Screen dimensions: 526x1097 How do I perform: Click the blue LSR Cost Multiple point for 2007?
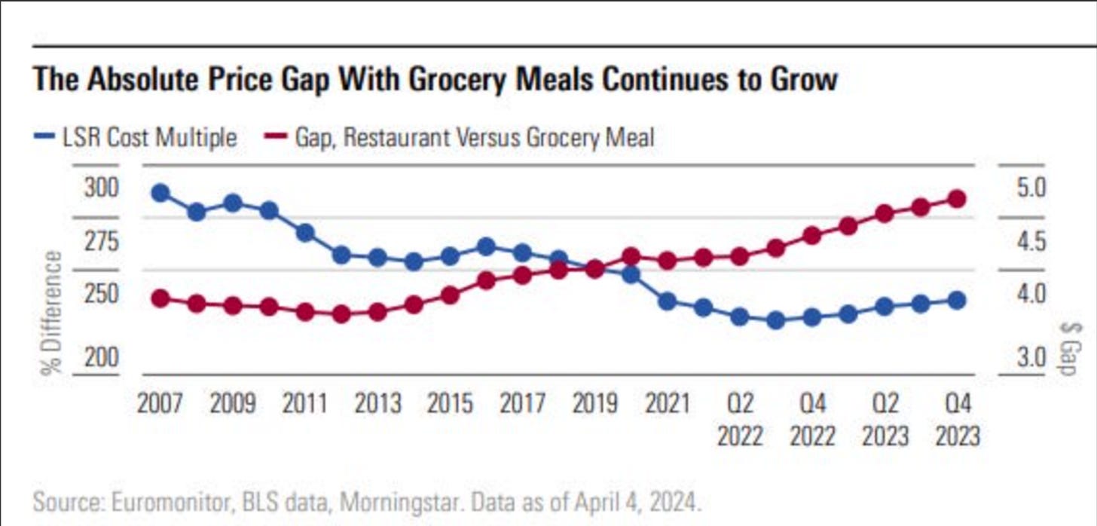160,194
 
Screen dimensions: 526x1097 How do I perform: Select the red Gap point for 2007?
160,298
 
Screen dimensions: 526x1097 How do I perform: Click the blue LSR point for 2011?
305,232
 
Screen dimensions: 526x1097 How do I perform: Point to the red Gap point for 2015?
451,295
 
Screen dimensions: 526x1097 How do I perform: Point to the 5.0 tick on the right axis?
1029,188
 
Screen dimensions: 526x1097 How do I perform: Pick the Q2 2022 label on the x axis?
741,420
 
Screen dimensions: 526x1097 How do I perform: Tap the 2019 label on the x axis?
595,404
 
